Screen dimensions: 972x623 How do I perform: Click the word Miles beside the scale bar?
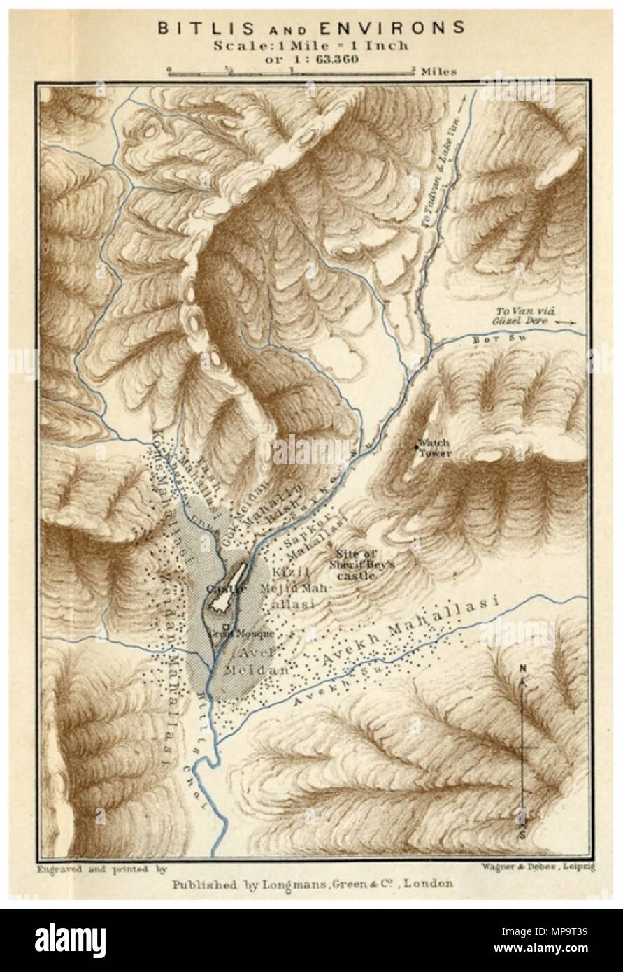click(439, 71)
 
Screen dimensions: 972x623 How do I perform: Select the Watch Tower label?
click(434, 448)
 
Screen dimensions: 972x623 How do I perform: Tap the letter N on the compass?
click(522, 669)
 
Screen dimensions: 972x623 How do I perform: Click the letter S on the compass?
click(523, 835)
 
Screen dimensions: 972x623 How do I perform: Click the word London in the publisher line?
click(427, 883)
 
